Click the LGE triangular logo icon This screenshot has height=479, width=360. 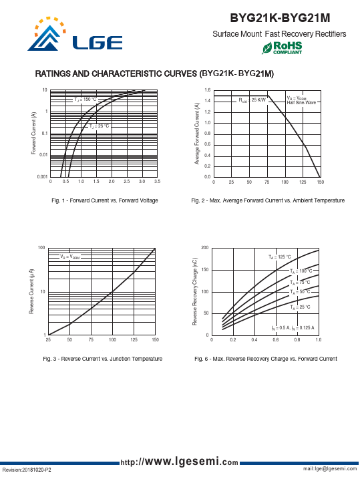[47, 35]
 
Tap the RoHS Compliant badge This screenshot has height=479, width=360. [282, 48]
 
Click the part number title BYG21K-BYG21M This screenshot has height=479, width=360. [280, 18]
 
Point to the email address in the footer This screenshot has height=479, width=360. [330, 468]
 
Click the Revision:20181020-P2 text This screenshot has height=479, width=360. [27, 470]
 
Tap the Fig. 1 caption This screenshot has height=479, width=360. [105, 200]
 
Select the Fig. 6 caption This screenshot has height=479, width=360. [266, 359]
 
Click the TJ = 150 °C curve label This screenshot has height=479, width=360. [85, 100]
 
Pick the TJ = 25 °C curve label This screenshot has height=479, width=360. [99, 126]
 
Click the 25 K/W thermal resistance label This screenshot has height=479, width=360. [252, 100]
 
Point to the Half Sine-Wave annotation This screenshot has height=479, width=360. [301, 103]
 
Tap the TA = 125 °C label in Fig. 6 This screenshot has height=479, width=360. [280, 257]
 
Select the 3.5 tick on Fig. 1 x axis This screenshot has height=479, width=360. [157, 182]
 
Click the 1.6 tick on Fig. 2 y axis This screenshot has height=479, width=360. [208, 90]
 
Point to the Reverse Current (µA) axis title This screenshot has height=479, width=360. [31, 291]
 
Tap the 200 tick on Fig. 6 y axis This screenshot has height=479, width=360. [205, 248]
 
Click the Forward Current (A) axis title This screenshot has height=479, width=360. [33, 133]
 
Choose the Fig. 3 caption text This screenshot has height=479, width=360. [103, 359]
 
